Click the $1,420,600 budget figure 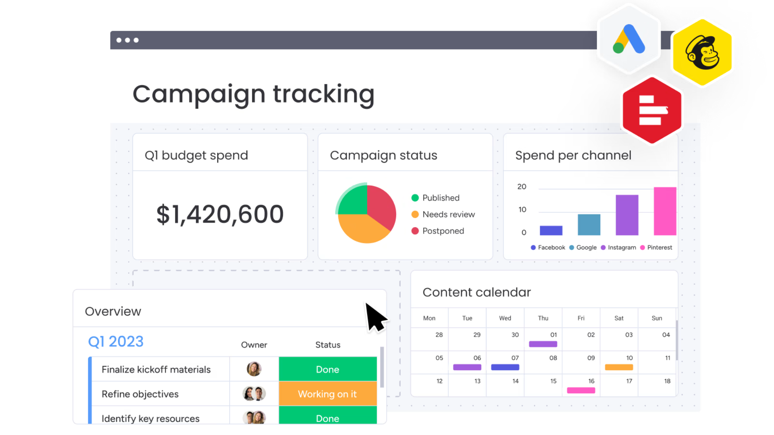(x=220, y=214)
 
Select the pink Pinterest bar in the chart (x=665, y=211)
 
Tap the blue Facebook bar (x=551, y=230)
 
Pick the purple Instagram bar (x=627, y=215)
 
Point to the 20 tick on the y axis (x=522, y=187)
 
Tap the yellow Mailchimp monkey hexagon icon (x=702, y=53)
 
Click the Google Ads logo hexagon (x=629, y=39)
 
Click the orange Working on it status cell (x=327, y=394)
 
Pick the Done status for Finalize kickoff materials (x=327, y=369)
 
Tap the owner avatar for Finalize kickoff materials (x=254, y=369)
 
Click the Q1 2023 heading (x=116, y=342)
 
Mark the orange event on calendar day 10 (x=619, y=367)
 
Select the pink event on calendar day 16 (x=581, y=390)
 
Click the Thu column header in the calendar (x=543, y=318)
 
